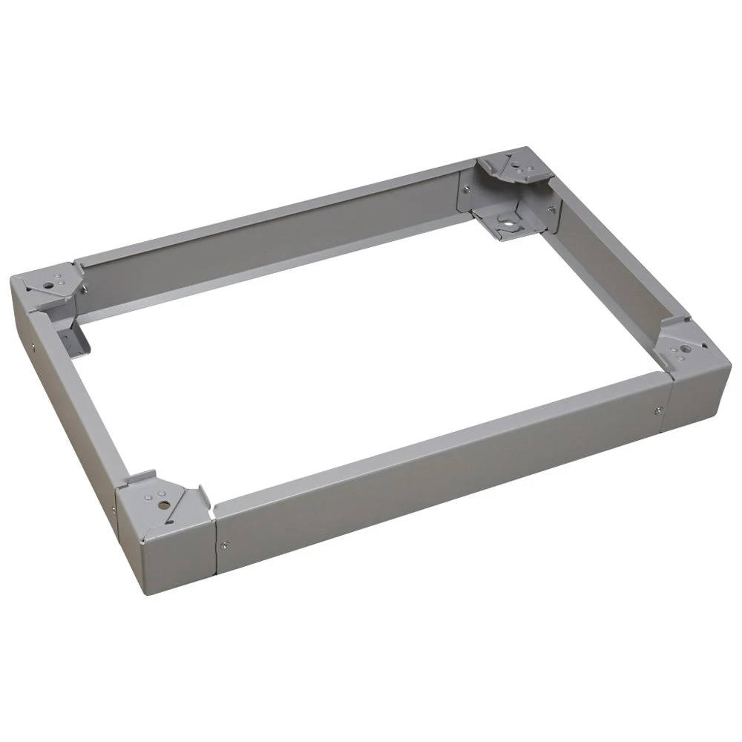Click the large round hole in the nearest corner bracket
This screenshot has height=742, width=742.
point(161,504)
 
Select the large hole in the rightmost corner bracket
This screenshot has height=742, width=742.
point(682,347)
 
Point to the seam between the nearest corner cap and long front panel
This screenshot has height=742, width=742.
point(214,545)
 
